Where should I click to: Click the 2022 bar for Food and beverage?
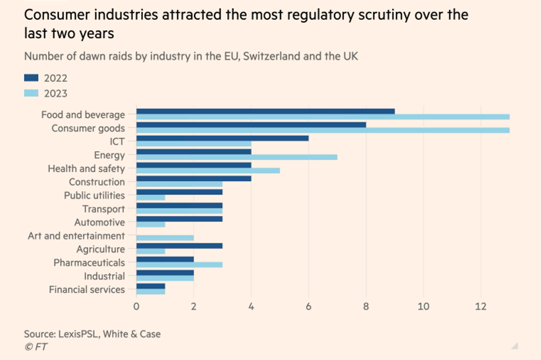tap(265, 111)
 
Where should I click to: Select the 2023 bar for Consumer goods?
tap(322, 130)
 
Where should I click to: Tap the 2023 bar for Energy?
tap(236, 158)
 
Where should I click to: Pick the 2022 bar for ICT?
tap(222, 138)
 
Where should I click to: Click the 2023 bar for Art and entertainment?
tap(165, 239)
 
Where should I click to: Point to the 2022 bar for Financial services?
tap(151, 286)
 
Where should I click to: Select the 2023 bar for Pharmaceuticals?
tap(179, 265)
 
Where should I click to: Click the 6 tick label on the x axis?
tap(308, 306)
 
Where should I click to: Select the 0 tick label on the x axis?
tap(136, 306)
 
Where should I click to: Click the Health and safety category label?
tap(86, 169)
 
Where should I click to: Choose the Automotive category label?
tap(99, 223)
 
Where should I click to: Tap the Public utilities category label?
tap(94, 195)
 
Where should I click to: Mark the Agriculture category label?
tap(101, 249)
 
